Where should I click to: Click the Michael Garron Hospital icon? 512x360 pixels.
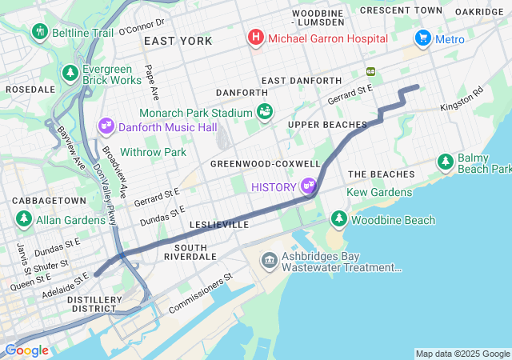[x=256, y=38]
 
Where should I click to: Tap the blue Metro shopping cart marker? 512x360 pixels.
[x=422, y=38]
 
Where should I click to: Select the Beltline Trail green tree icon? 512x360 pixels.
[x=39, y=32]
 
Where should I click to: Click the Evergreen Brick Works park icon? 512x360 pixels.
[x=71, y=74]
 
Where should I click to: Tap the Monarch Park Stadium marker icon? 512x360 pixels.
[x=265, y=112]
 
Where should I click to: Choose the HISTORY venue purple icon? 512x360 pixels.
[x=309, y=186]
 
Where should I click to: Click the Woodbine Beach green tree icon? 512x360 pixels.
[x=339, y=219]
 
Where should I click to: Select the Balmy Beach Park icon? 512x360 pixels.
[x=446, y=162]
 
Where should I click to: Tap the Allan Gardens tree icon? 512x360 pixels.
[x=24, y=219]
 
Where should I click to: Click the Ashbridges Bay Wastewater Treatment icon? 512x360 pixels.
[x=269, y=261]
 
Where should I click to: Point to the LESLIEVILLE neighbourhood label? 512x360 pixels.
[x=218, y=226]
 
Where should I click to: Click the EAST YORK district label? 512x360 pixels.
[x=178, y=41]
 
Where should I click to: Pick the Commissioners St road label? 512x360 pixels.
[x=200, y=290]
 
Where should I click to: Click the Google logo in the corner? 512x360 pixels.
[x=26, y=350]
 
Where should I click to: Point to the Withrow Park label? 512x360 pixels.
[x=153, y=152]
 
